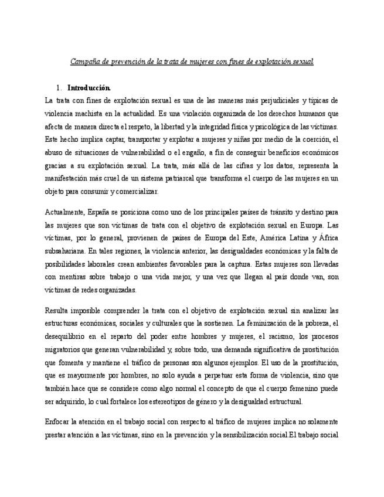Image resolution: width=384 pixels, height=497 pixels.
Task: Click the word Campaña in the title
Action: click(x=83, y=60)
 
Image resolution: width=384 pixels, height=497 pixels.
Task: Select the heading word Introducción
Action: click(x=88, y=88)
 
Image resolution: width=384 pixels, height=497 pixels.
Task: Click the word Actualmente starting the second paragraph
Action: click(x=64, y=212)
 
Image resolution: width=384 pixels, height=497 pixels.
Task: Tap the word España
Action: click(x=100, y=212)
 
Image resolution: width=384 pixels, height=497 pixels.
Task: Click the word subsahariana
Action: click(x=66, y=250)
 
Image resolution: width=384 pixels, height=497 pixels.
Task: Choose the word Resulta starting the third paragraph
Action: click(x=57, y=309)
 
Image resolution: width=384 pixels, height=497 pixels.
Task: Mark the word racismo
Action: click(x=254, y=336)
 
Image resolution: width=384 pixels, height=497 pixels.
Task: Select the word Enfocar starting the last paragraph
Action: click(x=59, y=422)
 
